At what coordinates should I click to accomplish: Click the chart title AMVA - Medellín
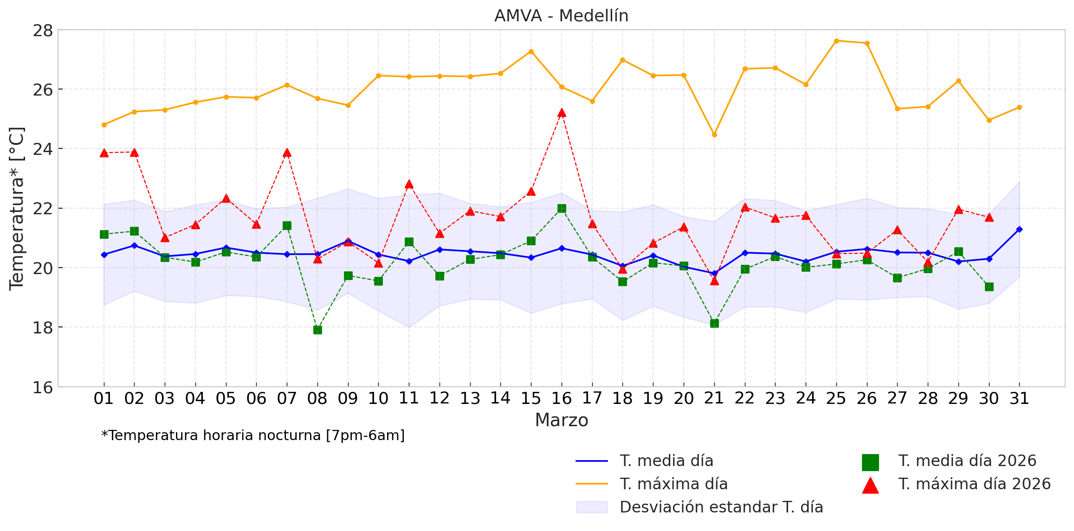click(x=561, y=16)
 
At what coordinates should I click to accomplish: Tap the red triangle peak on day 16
click(x=562, y=113)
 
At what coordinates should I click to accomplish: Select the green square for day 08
click(x=317, y=330)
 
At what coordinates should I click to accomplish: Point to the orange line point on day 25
click(x=836, y=41)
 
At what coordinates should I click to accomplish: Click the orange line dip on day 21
click(x=714, y=134)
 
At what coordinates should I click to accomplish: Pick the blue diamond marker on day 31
click(x=1019, y=229)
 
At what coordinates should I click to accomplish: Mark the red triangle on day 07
click(x=287, y=153)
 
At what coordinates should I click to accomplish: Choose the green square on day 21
click(x=714, y=323)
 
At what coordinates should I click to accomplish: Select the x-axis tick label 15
click(x=531, y=398)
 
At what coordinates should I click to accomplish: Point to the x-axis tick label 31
click(x=1019, y=398)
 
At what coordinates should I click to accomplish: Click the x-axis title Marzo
click(x=561, y=420)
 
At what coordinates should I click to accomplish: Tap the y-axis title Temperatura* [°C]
click(x=17, y=209)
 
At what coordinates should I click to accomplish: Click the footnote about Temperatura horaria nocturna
click(x=253, y=435)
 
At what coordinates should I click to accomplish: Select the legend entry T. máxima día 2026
click(x=974, y=484)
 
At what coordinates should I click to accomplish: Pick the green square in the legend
click(x=870, y=462)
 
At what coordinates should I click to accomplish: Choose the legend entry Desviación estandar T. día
click(x=721, y=507)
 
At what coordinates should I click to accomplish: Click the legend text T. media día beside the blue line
click(x=666, y=461)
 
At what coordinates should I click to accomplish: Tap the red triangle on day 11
click(x=409, y=184)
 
